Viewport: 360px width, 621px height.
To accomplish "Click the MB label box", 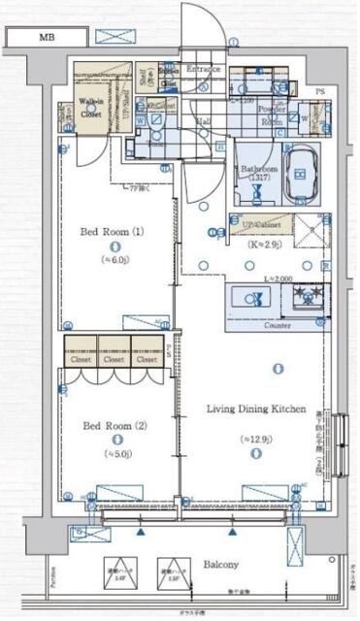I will point(46,38).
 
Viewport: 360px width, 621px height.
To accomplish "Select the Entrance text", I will point(204,70).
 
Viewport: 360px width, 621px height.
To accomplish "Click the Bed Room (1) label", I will point(112,232).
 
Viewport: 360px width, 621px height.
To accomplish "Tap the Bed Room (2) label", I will point(113,425).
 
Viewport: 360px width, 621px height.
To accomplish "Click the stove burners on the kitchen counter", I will point(311,295).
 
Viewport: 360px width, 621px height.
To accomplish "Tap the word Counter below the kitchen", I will point(278,326).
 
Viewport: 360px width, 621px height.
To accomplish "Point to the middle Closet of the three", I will point(114,359).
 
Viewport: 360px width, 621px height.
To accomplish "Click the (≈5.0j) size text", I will point(113,452).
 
